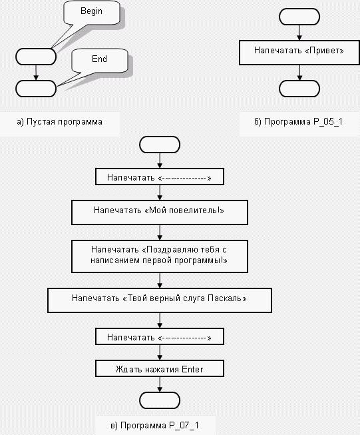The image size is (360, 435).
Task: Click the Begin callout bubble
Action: [92, 13]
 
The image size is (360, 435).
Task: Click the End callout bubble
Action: [100, 61]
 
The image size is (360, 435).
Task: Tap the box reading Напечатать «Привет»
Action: [299, 53]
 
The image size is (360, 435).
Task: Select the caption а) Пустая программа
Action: [60, 122]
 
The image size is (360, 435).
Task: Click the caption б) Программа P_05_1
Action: [299, 122]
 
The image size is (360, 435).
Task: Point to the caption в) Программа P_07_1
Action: [154, 425]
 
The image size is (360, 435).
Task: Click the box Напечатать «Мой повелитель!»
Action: [160, 213]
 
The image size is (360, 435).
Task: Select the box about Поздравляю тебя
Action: [160, 256]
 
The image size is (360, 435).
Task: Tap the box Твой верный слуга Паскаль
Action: [160, 300]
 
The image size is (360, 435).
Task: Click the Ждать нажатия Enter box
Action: [160, 368]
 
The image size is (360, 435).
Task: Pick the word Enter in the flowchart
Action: [192, 369]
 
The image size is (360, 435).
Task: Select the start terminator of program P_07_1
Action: [160, 145]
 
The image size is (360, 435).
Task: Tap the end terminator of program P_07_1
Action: [160, 400]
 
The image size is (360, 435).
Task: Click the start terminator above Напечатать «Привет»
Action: [299, 17]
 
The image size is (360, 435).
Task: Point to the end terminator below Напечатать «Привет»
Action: [299, 89]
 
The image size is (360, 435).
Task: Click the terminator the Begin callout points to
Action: [36, 57]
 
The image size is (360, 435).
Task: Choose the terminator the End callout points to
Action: [36, 89]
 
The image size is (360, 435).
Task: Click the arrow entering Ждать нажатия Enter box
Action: [160, 352]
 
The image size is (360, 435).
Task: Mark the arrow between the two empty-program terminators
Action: [36, 73]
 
